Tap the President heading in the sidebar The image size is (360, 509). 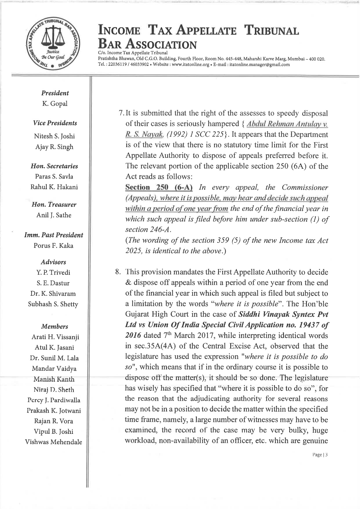(55, 93)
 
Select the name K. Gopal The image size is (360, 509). (55, 104)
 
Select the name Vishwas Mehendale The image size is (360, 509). (53, 442)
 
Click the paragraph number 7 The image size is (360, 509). (121, 113)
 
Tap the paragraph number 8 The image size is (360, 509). (118, 272)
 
